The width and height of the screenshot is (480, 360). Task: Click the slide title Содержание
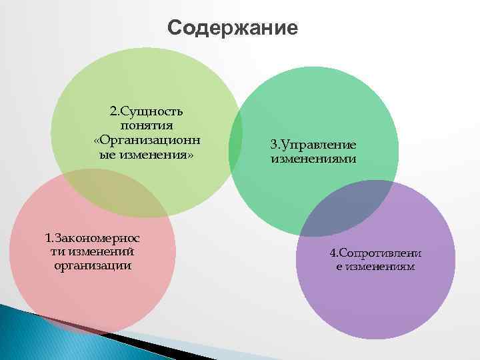(232, 29)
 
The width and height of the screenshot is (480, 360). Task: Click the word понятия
(147, 125)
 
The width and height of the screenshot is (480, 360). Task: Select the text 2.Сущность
(147, 111)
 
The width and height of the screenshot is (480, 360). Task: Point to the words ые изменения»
(142, 155)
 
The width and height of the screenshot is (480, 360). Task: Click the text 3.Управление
(313, 145)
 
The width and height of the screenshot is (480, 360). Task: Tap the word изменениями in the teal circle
(313, 159)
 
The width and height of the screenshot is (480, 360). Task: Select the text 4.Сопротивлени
(375, 253)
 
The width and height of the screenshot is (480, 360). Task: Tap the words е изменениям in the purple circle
(375, 267)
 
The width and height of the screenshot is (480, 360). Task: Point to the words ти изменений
(92, 251)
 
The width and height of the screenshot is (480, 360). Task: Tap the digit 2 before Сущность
(113, 111)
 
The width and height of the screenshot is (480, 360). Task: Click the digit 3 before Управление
(273, 145)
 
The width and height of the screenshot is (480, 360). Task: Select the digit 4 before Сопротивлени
(333, 253)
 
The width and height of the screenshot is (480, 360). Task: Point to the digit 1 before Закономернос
(47, 237)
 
